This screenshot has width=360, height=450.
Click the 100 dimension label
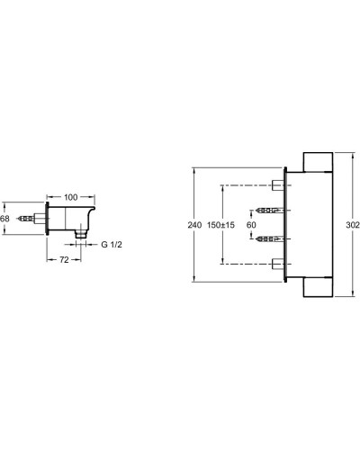point(71,197)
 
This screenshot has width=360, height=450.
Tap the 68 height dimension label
point(4,219)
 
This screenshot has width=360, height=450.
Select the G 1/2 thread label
point(112,245)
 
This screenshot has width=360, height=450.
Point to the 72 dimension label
point(64,260)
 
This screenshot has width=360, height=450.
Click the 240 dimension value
point(194,225)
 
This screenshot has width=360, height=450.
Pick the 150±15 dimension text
point(220,225)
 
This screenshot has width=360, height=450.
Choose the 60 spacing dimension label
point(251,225)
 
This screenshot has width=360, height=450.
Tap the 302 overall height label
point(353,225)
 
